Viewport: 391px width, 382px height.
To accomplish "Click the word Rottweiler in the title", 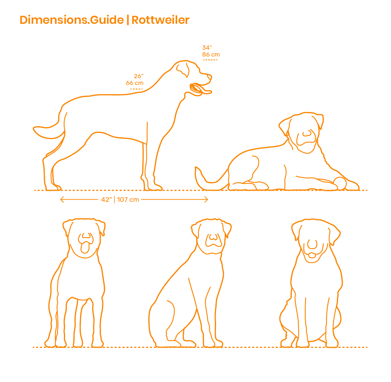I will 160,20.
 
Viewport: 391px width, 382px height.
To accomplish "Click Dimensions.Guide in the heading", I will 71,20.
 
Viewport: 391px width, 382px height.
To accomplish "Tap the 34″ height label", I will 207,48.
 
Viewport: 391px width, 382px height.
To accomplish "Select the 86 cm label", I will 211,54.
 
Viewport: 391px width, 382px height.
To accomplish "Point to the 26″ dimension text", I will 138,76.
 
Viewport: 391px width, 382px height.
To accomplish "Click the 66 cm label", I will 135,83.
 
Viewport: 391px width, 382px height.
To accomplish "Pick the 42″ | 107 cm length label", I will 120,200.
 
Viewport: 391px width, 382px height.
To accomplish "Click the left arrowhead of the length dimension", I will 62,200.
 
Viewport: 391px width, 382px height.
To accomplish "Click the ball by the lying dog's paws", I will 340,183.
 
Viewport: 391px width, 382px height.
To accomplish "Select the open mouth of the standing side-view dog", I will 197,89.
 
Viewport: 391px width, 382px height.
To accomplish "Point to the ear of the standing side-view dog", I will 182,69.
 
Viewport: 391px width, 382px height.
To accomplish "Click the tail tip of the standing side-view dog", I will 35,128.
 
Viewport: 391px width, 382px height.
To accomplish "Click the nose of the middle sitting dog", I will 213,237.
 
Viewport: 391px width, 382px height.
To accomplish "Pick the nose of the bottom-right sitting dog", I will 312,244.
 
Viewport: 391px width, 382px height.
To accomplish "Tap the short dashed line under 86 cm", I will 210,60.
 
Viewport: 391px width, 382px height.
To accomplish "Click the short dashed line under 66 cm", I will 136,88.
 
